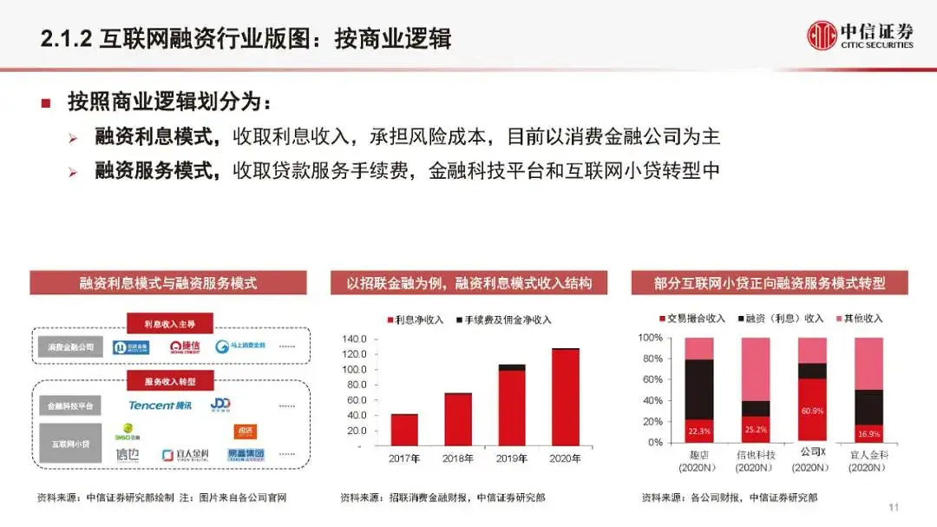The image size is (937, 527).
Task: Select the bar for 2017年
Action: (x=403, y=429)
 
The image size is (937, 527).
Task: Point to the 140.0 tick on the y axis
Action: (x=356, y=339)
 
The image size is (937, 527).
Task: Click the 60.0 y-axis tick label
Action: (x=357, y=400)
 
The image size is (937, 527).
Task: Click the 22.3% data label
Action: (x=699, y=430)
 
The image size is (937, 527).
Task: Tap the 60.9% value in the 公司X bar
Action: (x=812, y=410)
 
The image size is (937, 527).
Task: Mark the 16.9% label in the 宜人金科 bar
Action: (x=868, y=432)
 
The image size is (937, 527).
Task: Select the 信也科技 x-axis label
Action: (x=755, y=455)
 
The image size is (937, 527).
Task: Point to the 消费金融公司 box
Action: (x=71, y=347)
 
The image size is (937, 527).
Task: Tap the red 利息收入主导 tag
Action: (x=170, y=324)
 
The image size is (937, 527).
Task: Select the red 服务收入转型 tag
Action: (x=170, y=381)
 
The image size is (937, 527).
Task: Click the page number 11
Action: (x=893, y=507)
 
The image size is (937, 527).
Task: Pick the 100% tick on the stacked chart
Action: (x=651, y=338)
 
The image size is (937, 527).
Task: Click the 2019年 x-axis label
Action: (x=511, y=458)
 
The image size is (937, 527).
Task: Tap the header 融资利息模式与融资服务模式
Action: (x=168, y=283)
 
